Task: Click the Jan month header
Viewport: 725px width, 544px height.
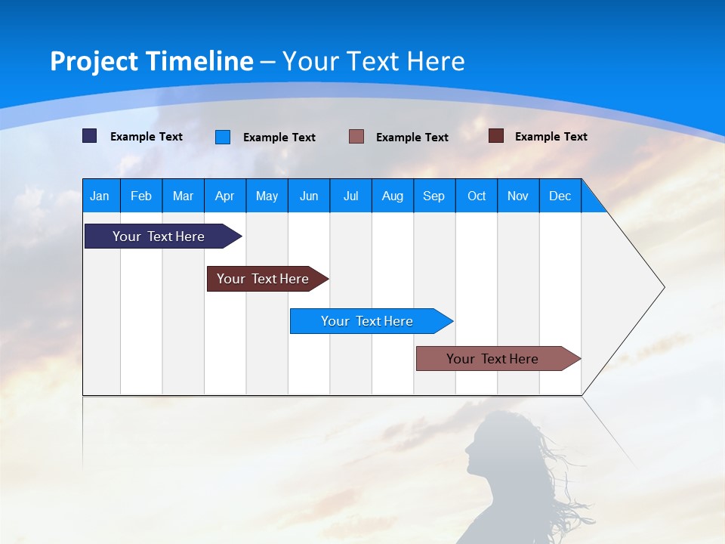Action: click(x=100, y=196)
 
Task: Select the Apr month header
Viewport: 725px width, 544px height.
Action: click(x=224, y=196)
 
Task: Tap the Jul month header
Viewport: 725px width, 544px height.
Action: click(x=350, y=196)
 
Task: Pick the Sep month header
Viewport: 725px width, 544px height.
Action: click(x=433, y=196)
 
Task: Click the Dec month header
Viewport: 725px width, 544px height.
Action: click(x=560, y=196)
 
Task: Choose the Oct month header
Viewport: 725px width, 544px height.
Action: click(x=476, y=196)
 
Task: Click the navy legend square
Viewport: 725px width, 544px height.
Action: click(x=89, y=136)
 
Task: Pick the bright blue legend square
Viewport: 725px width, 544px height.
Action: click(x=223, y=137)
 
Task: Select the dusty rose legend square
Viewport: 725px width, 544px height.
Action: click(x=356, y=137)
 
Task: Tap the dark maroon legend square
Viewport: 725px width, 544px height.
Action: click(x=496, y=136)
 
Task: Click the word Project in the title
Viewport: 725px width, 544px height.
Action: click(x=94, y=61)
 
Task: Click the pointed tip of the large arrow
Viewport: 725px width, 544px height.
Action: click(x=663, y=287)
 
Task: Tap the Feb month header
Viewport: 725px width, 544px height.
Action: click(x=140, y=196)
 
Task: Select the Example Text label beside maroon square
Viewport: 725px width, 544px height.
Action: click(x=551, y=137)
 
